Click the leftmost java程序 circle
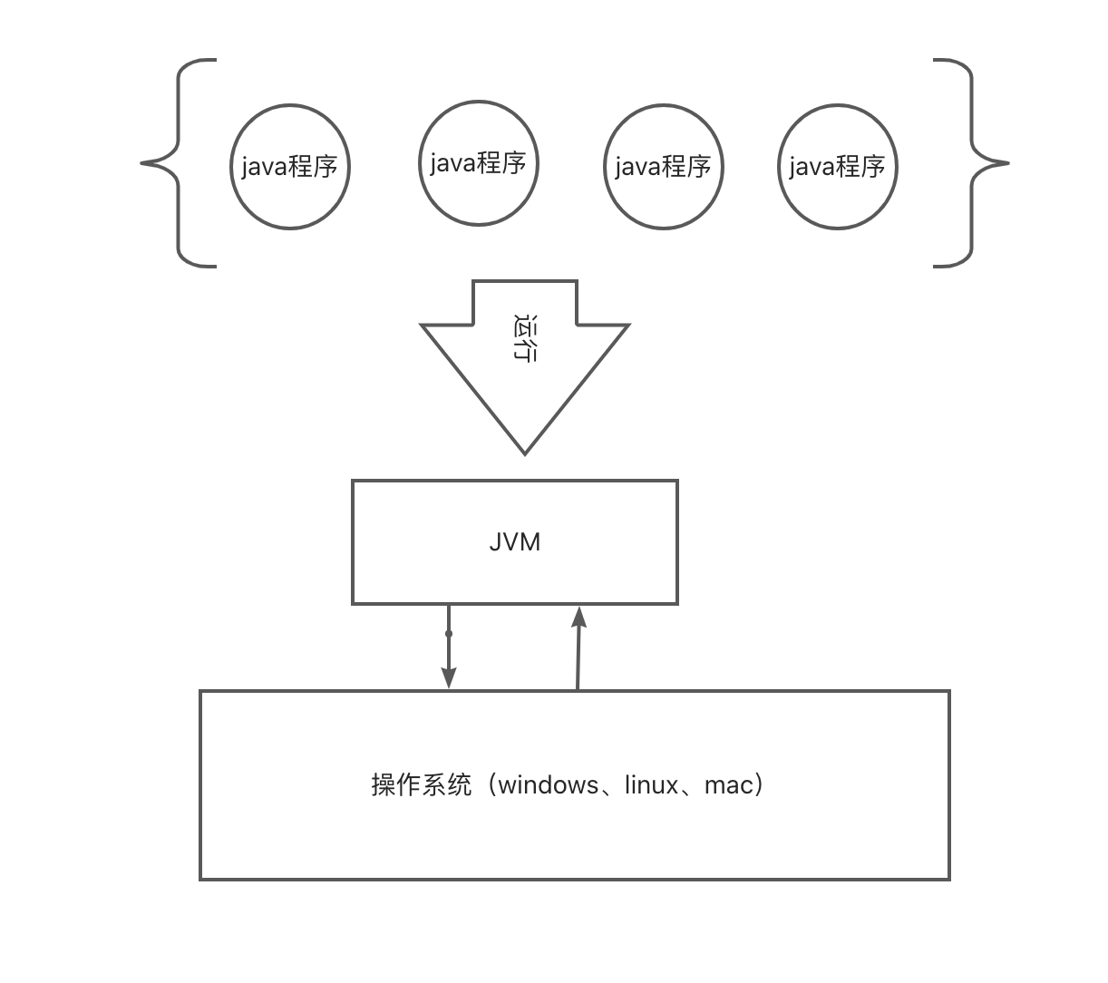[290, 201]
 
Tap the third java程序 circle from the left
[664, 201]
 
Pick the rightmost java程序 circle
[838, 201]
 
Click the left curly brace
[179, 163]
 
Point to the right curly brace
[971, 163]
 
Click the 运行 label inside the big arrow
[524, 338]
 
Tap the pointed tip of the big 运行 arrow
[525, 449]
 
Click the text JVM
[515, 542]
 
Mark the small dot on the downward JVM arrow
[449, 634]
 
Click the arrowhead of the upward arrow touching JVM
[579, 618]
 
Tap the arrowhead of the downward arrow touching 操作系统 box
[449, 678]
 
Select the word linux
[651, 785]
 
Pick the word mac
[728, 785]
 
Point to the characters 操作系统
[422, 785]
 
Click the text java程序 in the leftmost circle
[290, 167]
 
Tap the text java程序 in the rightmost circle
[838, 167]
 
